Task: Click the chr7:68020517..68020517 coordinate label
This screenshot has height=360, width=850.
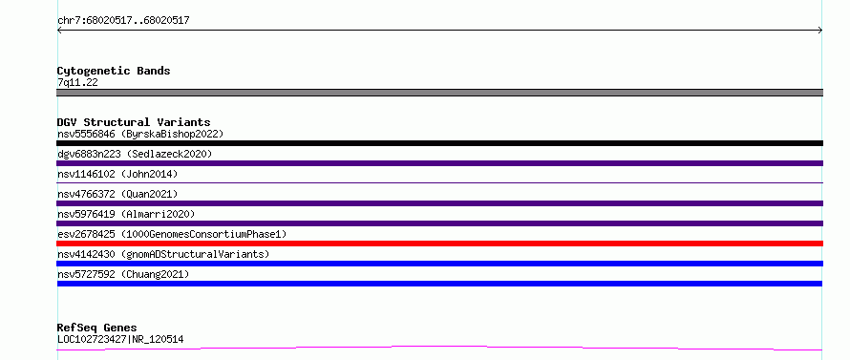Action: (x=123, y=21)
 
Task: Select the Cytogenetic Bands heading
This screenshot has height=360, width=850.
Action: (x=114, y=71)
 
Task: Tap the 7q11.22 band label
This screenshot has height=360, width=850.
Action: (x=77, y=83)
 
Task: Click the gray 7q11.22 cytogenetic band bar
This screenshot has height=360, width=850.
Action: (x=439, y=93)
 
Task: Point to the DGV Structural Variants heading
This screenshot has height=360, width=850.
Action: (x=134, y=122)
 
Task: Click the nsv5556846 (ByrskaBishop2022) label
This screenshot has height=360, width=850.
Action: (x=140, y=134)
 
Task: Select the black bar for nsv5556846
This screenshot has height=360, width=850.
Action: (x=439, y=143)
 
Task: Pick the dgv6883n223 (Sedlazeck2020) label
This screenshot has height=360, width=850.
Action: (x=135, y=154)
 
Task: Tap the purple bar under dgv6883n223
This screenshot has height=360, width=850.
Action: (x=439, y=163)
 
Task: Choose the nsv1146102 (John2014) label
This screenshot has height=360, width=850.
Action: (x=117, y=174)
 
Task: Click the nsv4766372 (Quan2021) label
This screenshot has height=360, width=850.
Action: (x=117, y=194)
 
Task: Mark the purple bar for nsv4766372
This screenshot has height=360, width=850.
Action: (x=439, y=203)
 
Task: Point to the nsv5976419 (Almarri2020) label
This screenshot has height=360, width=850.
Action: (x=126, y=214)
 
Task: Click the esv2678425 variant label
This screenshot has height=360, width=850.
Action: (x=172, y=234)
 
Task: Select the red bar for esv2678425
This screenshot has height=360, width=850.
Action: (x=439, y=244)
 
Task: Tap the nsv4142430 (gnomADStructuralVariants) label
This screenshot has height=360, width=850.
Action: (x=163, y=254)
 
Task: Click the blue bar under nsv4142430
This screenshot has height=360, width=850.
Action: (x=439, y=264)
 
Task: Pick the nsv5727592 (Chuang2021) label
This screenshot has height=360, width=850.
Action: (x=123, y=274)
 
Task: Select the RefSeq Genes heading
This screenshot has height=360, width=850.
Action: (x=97, y=328)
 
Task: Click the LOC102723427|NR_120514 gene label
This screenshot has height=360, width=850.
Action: (x=120, y=340)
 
